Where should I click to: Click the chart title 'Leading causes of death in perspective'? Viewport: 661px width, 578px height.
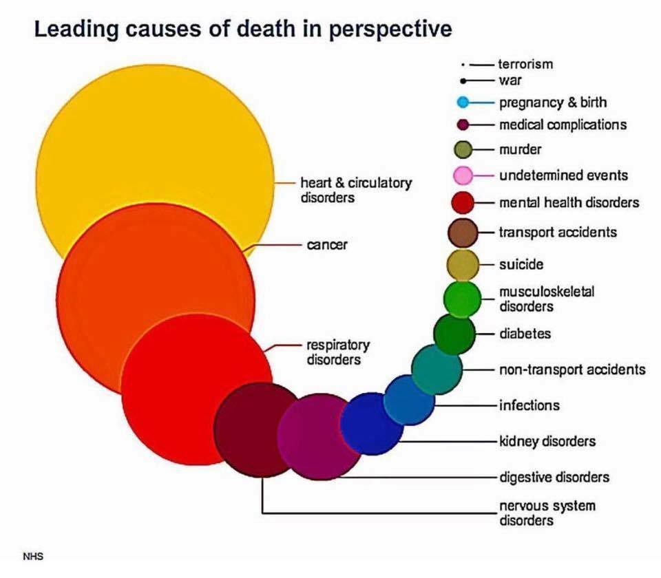coord(243,30)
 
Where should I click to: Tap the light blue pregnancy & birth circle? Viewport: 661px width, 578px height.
coord(463,103)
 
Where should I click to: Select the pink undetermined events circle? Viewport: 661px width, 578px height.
coord(463,175)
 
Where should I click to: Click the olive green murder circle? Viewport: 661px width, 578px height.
coord(463,149)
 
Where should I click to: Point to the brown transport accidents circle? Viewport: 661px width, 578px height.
coord(463,233)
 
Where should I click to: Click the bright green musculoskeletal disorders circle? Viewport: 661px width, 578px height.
coord(462,298)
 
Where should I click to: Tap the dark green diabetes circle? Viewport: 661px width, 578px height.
coord(454,334)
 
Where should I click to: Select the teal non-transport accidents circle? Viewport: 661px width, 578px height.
coord(437,370)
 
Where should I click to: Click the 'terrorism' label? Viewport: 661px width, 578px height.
coord(526,65)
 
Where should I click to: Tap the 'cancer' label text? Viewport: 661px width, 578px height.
coord(327,244)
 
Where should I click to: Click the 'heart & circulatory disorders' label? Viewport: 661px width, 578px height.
coord(356,190)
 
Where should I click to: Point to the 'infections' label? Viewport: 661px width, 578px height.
coord(529,405)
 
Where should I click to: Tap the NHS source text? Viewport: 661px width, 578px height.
coord(33,556)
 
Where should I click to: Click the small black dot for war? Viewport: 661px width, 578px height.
coord(465,81)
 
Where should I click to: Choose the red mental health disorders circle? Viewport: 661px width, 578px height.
coord(463,203)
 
